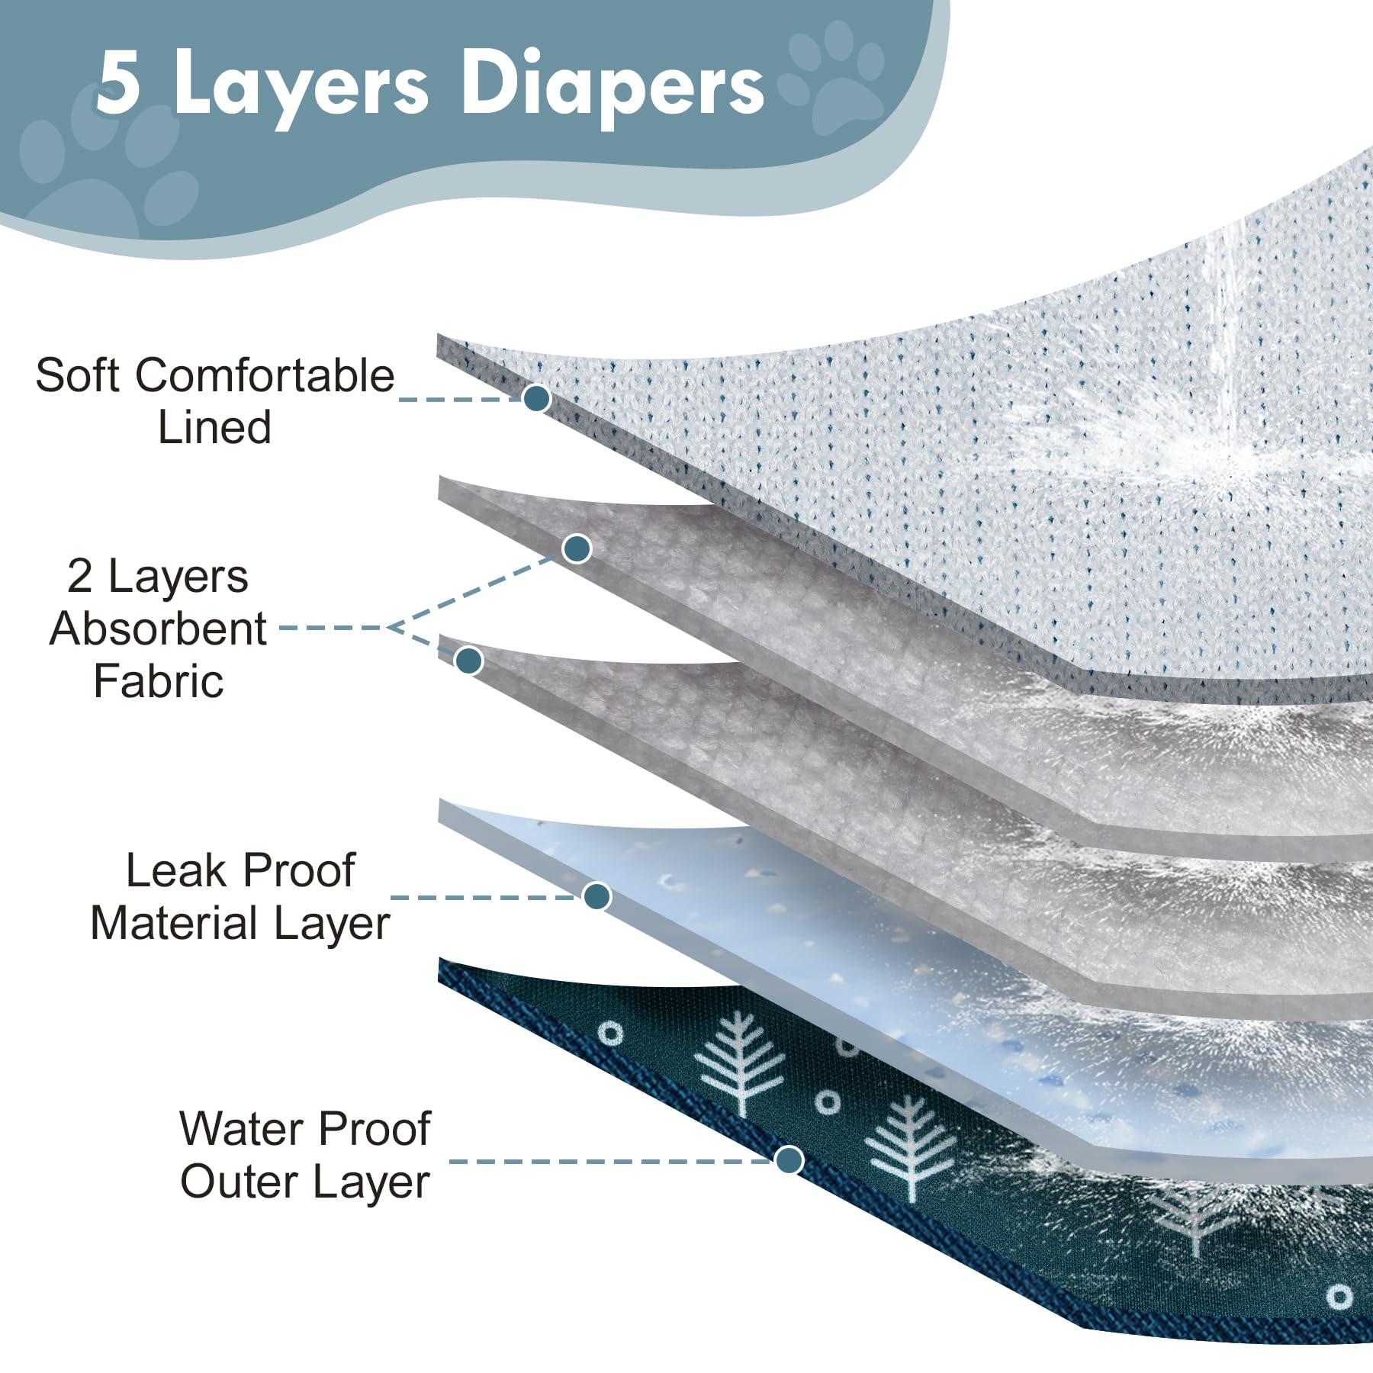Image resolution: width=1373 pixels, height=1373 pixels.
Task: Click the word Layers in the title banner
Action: pos(301,88)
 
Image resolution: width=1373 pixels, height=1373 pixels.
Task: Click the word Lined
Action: pos(214,427)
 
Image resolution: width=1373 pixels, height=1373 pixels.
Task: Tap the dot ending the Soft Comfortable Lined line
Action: pos(537,397)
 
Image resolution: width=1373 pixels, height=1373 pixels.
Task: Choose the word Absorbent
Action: pos(158,629)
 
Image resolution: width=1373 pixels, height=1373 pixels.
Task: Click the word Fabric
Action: pos(159,680)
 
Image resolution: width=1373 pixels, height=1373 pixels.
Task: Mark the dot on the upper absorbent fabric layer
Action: pos(577,548)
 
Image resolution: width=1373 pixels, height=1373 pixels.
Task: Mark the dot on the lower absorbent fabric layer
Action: pos(468,660)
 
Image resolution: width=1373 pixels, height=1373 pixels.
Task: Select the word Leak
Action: pos(175,870)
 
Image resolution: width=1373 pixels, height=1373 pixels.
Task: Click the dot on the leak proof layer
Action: pos(596,896)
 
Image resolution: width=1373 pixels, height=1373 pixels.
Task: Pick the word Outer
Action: pos(238,1182)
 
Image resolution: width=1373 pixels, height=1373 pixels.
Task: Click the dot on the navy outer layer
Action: pos(789,1160)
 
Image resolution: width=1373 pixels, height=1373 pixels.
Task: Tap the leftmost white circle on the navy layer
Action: pos(610,1034)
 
